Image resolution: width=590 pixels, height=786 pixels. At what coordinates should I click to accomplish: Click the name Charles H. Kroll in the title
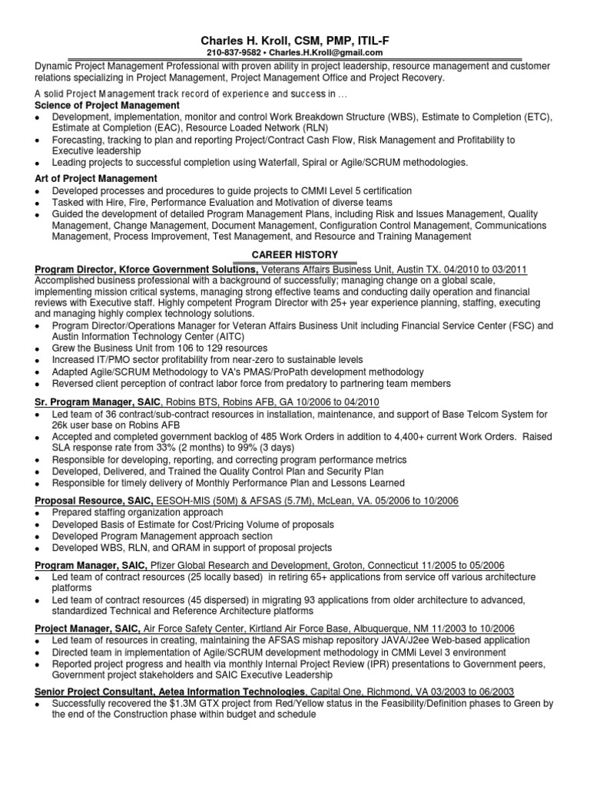pyautogui.click(x=242, y=39)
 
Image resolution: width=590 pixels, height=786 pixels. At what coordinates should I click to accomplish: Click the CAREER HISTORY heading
pyautogui.click(x=295, y=254)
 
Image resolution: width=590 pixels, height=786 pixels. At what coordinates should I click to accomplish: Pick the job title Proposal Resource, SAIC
pyautogui.click(x=95, y=500)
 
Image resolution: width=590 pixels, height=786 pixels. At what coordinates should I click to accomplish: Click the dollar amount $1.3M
pyautogui.click(x=178, y=703)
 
